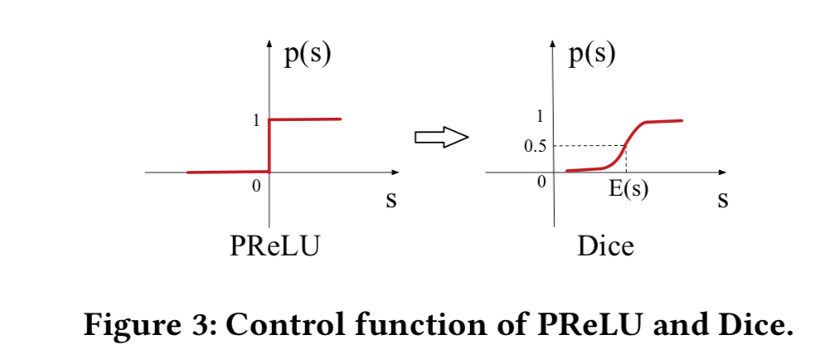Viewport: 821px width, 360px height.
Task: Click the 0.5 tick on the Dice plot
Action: pyautogui.click(x=535, y=147)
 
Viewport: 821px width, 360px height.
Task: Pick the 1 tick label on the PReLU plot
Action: pyautogui.click(x=257, y=120)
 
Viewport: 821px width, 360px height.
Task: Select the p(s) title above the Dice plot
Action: pyautogui.click(x=592, y=55)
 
